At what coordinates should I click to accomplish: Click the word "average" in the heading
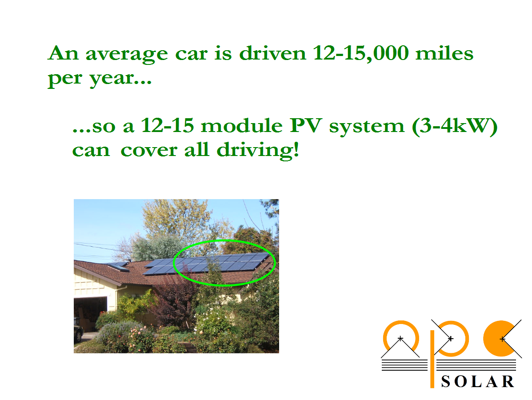(127, 54)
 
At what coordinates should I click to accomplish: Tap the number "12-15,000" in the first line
(360, 53)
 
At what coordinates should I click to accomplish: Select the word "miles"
(444, 53)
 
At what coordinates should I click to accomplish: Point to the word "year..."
(120, 79)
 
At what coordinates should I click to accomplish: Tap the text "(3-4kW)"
(455, 126)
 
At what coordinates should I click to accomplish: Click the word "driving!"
(258, 150)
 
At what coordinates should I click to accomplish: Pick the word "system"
(366, 127)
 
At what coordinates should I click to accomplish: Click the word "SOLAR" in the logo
(478, 382)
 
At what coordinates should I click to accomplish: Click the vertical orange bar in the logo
(432, 359)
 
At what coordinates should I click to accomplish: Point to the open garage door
(91, 314)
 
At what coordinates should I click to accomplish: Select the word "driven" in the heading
(272, 53)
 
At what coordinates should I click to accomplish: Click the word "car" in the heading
(191, 54)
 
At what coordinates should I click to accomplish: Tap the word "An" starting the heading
(63, 53)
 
